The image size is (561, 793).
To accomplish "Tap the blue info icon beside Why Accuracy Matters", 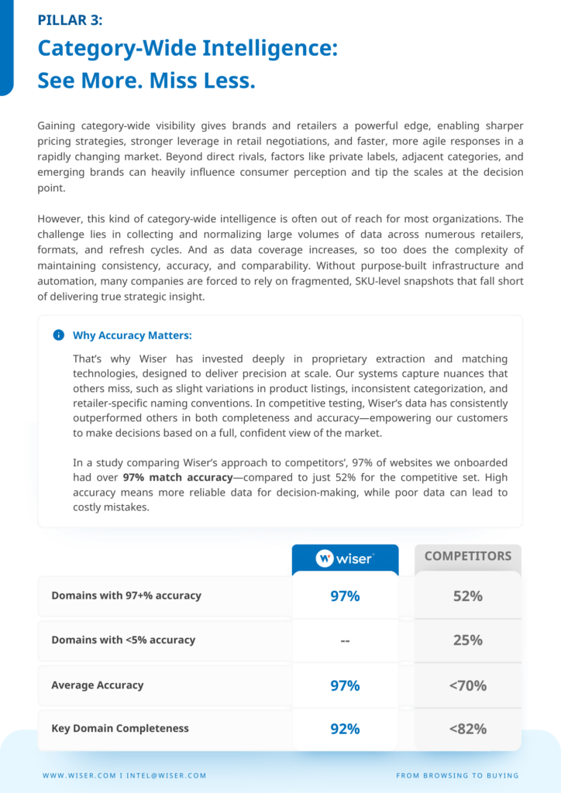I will click(x=58, y=335).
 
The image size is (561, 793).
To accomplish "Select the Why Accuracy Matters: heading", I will click(x=132, y=335).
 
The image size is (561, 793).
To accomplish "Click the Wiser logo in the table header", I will click(x=345, y=558).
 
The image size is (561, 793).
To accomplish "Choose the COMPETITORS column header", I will click(x=467, y=556).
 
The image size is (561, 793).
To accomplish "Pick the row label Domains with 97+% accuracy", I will click(x=126, y=596).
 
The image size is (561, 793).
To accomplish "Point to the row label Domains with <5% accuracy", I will click(x=122, y=640).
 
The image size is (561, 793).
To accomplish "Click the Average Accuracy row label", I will click(x=97, y=685).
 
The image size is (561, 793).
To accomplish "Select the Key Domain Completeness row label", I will click(x=119, y=728).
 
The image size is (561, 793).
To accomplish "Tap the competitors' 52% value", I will click(x=467, y=596).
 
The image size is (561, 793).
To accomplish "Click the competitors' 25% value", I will click(x=467, y=640).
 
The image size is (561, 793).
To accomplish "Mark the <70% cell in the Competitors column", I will click(x=467, y=685).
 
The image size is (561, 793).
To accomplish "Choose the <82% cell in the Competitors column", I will click(x=467, y=728).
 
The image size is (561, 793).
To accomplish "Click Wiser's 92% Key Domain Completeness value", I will click(x=345, y=728).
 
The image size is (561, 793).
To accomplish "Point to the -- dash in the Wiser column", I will click(x=345, y=640).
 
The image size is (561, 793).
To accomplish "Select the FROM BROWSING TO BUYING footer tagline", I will click(x=457, y=775).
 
